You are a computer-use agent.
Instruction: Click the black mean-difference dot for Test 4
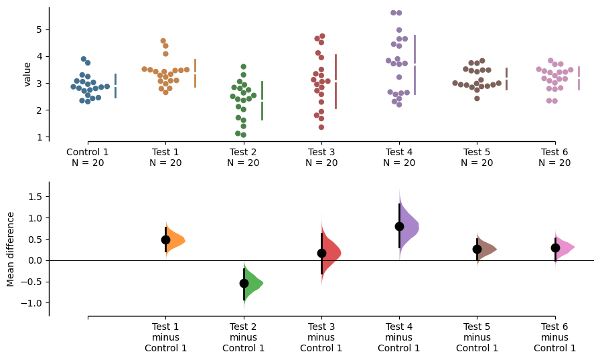tap(399, 227)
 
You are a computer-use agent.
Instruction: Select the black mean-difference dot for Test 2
tap(244, 283)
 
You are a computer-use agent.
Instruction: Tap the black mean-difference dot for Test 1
tap(165, 240)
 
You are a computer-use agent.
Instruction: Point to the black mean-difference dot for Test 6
tap(555, 248)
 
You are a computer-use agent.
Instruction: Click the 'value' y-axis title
tap(27, 74)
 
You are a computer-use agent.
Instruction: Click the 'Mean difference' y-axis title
tap(10, 249)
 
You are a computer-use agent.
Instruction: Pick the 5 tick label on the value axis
tap(39, 30)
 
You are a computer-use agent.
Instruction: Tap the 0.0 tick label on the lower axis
tap(35, 261)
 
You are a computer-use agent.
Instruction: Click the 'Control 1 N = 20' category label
tap(88, 157)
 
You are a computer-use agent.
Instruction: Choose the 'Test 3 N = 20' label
tap(321, 157)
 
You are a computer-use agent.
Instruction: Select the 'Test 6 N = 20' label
tap(554, 157)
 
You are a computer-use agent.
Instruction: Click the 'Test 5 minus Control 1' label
tap(477, 337)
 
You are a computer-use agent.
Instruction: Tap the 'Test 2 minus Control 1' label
tap(243, 337)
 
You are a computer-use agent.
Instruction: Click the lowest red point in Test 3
tap(321, 127)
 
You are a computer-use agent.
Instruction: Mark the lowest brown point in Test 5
tap(477, 98)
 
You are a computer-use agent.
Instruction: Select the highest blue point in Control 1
tap(84, 59)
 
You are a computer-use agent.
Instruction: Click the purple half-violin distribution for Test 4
tap(408, 226)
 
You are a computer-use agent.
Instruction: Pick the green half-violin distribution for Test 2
tap(252, 283)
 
